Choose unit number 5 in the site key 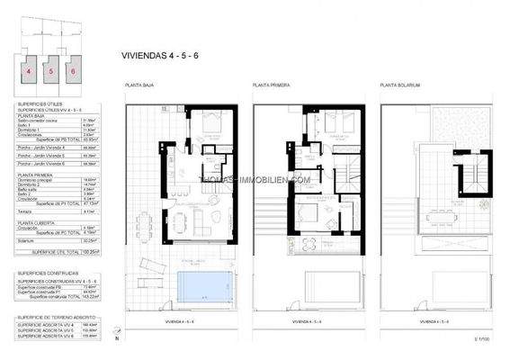(51, 69)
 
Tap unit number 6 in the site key (73, 69)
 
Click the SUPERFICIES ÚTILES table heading (40, 104)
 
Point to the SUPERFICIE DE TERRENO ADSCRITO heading (56, 318)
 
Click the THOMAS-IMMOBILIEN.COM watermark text (255, 179)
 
